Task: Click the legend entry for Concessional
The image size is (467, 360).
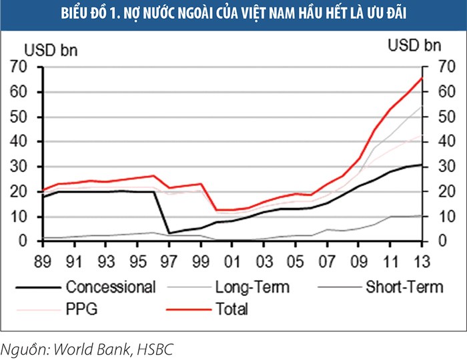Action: [x=111, y=287]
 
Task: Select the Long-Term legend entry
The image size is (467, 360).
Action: [x=252, y=287]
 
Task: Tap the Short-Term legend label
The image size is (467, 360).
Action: [x=403, y=287]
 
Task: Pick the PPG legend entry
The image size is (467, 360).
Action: [x=82, y=309]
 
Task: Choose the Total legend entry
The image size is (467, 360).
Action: [x=231, y=309]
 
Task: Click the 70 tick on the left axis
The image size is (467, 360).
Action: [x=18, y=67]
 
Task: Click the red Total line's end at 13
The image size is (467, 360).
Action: [x=420, y=78]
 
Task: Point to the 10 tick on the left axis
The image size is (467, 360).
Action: [x=18, y=217]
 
